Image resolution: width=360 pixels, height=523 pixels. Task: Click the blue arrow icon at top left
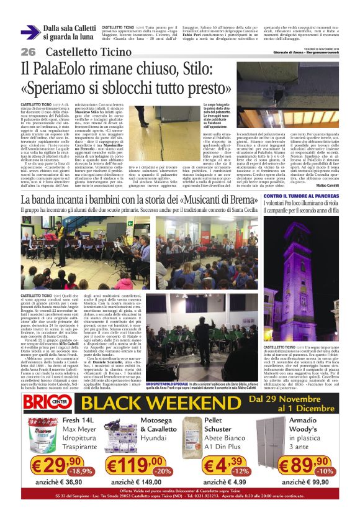[30, 33]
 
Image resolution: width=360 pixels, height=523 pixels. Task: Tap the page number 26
[28, 51]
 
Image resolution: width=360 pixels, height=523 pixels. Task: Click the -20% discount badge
[163, 471]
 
